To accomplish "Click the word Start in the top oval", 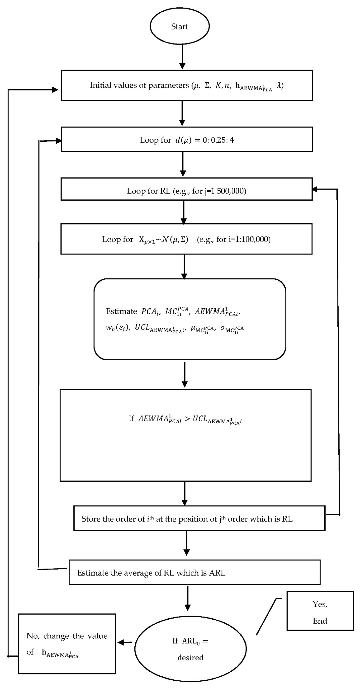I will point(180,26).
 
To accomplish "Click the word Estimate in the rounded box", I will point(121,311).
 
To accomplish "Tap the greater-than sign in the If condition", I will point(187,419).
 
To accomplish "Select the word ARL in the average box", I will point(217,573).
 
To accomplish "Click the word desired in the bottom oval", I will point(190,658).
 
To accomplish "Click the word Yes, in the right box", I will point(320,604).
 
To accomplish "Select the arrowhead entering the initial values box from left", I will point(55,90).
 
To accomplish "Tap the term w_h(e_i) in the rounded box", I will point(118,327).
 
